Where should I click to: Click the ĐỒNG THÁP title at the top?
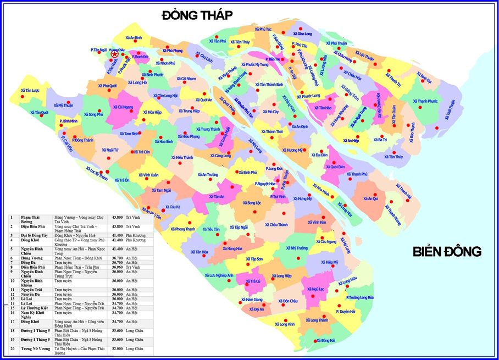coord(197,15)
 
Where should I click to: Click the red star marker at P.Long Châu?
coord(114,54)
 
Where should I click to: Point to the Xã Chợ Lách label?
coord(203,57)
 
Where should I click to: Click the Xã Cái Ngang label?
coord(123,108)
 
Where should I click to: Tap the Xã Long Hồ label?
coord(137,82)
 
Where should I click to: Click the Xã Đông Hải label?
coord(325,341)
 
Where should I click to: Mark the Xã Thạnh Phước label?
coord(424,101)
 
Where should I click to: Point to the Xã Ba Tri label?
coord(380,140)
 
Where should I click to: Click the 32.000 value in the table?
coord(117,348)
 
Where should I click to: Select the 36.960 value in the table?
coord(117,267)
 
